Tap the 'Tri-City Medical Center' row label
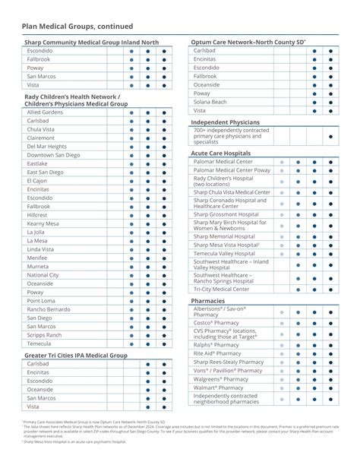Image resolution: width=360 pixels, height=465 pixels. [x=221, y=289]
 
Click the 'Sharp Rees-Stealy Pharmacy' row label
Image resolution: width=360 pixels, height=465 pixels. [x=230, y=362]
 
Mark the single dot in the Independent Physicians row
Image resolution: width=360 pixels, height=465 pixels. [x=330, y=137]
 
